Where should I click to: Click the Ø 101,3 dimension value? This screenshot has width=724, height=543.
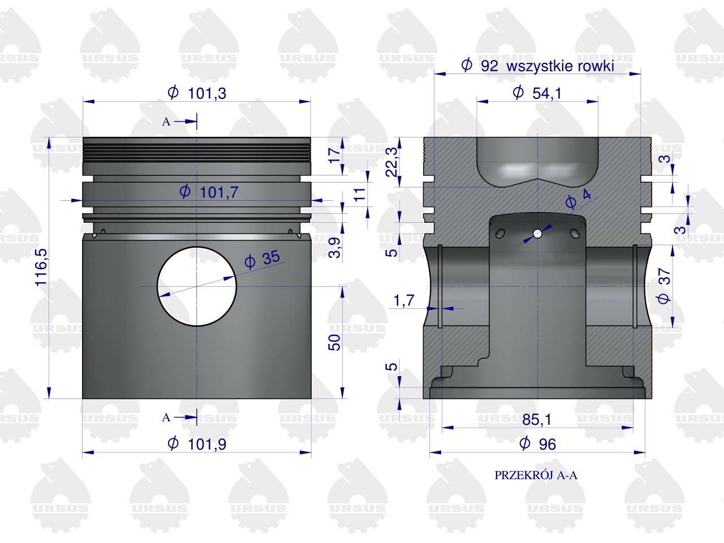click(x=197, y=93)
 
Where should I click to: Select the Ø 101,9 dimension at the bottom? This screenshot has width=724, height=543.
click(x=197, y=444)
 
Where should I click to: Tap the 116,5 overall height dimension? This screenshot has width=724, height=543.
click(x=41, y=268)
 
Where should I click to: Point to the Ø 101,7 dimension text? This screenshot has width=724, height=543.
click(x=209, y=192)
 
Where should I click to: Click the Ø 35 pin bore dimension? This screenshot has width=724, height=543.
click(x=262, y=259)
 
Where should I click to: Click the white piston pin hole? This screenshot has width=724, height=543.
click(x=197, y=286)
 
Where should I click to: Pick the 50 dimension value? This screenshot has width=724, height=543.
click(x=334, y=342)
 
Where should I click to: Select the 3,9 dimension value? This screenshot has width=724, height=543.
click(x=335, y=247)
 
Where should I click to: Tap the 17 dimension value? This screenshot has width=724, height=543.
click(x=334, y=155)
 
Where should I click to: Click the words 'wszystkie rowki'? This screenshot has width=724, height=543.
click(x=560, y=66)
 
